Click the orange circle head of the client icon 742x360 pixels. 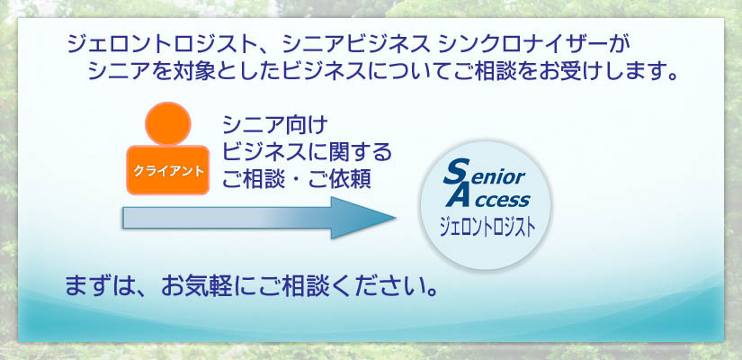click(x=168, y=123)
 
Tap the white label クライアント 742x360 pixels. click(x=168, y=171)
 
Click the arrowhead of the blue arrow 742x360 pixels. click(x=362, y=218)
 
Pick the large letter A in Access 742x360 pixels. click(x=458, y=194)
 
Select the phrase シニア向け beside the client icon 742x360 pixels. click(x=275, y=125)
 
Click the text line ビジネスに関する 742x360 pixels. click(x=308, y=152)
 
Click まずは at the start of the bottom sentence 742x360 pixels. click(x=97, y=287)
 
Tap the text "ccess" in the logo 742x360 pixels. click(x=501, y=200)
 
